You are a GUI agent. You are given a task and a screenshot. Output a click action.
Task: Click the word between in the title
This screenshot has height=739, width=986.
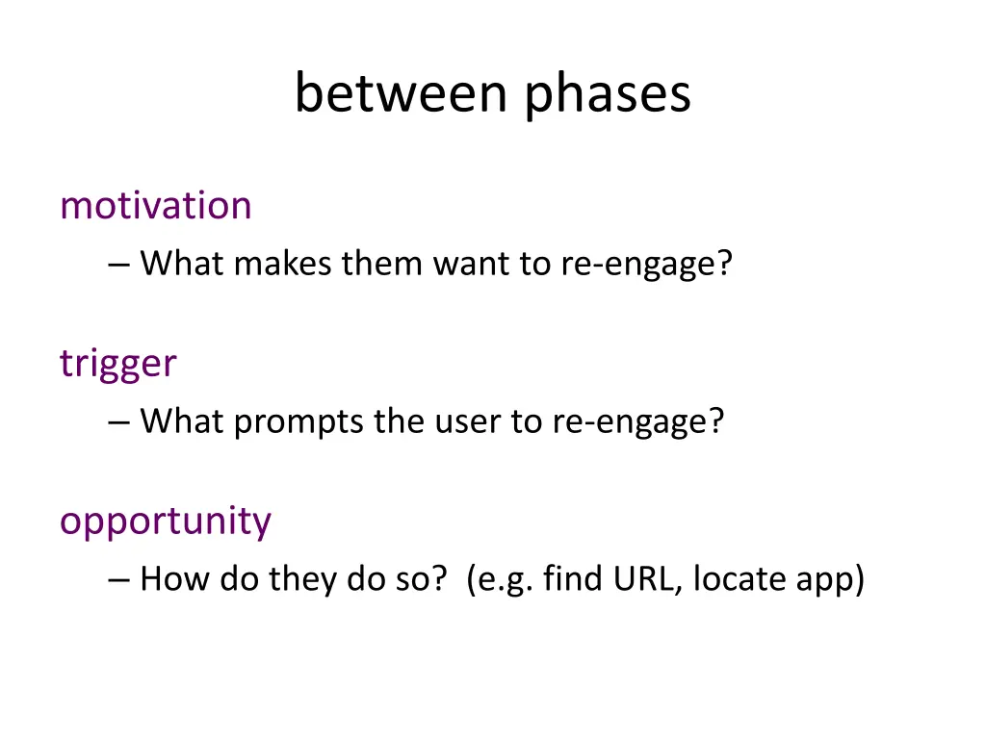[x=402, y=92]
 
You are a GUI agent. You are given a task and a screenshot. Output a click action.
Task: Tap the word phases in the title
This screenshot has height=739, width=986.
[x=608, y=94]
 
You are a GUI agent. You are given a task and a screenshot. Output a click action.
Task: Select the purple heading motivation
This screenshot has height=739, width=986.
[x=156, y=205]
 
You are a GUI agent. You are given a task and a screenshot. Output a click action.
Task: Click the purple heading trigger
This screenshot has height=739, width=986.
[x=118, y=364]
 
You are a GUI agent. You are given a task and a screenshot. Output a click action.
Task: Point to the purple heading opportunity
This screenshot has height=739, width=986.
[x=166, y=522]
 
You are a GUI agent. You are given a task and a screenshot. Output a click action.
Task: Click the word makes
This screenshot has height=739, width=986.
[x=282, y=263]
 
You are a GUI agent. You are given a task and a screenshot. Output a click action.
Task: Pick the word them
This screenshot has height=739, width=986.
[x=381, y=263]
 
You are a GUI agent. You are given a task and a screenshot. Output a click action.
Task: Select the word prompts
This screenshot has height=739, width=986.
[x=298, y=422]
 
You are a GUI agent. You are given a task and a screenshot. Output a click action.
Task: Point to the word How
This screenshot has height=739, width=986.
[x=175, y=578]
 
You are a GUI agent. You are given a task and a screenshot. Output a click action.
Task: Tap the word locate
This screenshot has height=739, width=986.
[x=739, y=578]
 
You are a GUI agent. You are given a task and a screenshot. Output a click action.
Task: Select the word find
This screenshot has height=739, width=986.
[x=573, y=578]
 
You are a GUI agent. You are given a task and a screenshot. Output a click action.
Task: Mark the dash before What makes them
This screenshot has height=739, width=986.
[x=118, y=265]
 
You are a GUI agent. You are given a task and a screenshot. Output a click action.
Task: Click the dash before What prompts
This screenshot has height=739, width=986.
[x=118, y=422]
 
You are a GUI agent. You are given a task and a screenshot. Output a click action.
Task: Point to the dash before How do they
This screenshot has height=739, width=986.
[x=118, y=580]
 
